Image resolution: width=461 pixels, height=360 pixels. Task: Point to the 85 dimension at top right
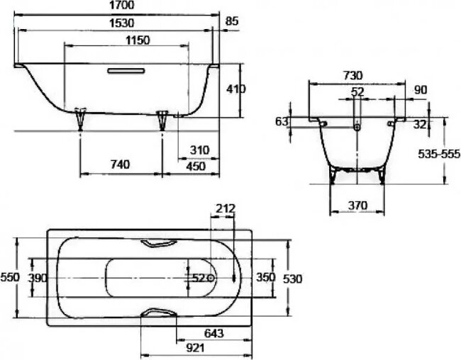click(x=231, y=23)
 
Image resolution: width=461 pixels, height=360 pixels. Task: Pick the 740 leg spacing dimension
click(x=120, y=164)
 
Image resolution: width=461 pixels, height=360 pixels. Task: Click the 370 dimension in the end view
click(x=358, y=206)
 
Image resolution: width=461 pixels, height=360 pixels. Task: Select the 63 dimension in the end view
click(x=282, y=122)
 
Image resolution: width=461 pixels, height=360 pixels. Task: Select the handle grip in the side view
click(x=126, y=71)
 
